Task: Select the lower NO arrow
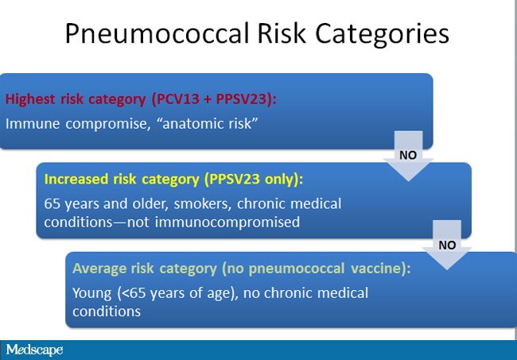(448, 244)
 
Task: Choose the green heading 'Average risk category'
(150, 269)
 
